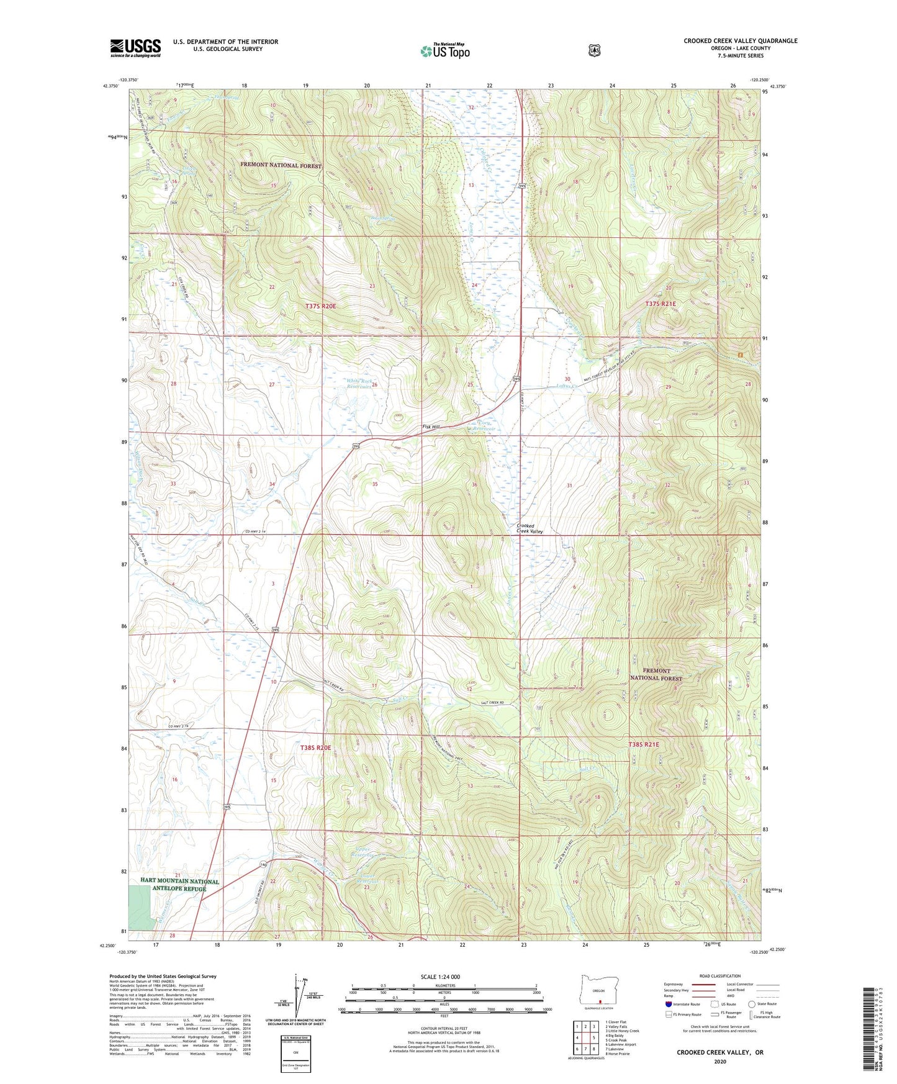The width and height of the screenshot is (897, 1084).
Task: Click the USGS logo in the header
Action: (135, 48)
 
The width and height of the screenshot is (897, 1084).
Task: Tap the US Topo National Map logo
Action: (444, 50)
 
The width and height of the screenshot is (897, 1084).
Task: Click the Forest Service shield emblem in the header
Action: (594, 50)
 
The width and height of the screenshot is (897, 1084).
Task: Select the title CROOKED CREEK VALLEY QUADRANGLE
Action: (740, 41)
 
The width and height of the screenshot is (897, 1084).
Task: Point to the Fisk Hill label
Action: (431, 427)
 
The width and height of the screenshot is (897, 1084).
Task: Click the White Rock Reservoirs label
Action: (359, 383)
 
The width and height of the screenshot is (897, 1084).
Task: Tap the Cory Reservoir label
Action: (484, 426)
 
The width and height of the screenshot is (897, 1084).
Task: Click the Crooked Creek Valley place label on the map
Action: (530, 528)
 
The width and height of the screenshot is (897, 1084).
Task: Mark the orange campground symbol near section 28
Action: (739, 355)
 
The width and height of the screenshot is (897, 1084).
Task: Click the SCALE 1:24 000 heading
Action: (440, 977)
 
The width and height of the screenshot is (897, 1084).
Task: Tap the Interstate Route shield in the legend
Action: (668, 1004)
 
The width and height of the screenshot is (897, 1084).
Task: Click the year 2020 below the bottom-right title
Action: (720, 1061)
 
